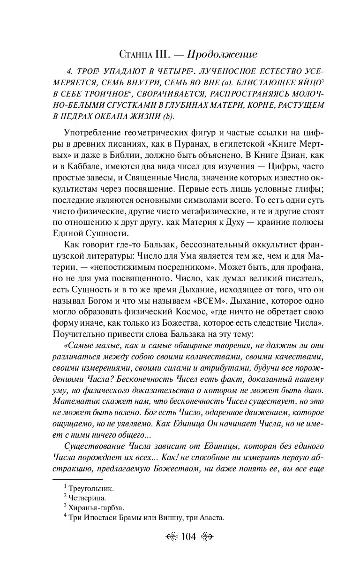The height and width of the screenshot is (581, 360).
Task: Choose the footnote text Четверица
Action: coord(88,498)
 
